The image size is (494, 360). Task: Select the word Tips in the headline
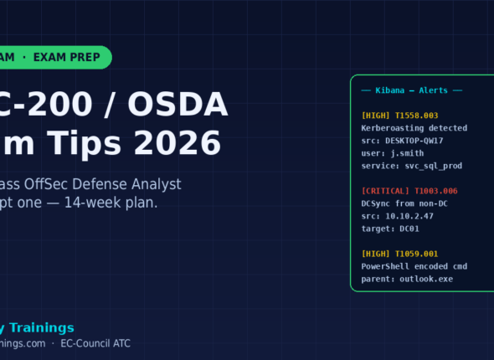point(85,144)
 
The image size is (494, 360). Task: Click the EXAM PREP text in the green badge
point(67,57)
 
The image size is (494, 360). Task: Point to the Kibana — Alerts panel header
point(411,90)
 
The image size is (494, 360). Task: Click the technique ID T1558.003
point(414,116)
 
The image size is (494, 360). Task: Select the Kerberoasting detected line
point(414,128)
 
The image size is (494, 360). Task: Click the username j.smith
point(408,153)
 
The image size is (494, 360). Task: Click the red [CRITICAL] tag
point(385,191)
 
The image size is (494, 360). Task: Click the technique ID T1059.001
point(414,254)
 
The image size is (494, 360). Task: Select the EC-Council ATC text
point(95,343)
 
